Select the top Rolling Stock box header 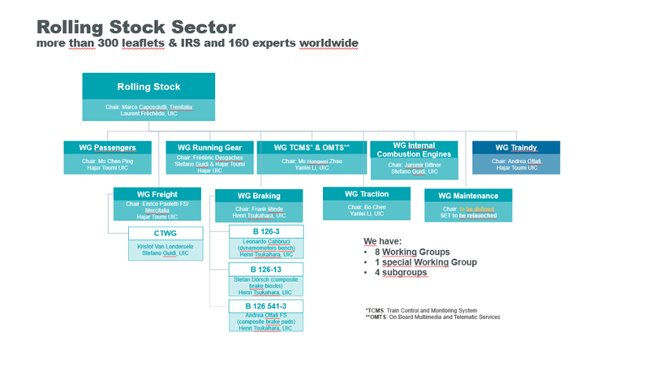pos(148,87)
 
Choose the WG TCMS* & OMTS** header pos(312,148)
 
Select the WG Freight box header pos(158,193)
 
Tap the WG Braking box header pos(259,196)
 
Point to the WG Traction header pos(367,193)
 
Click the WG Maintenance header pos(469,195)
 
